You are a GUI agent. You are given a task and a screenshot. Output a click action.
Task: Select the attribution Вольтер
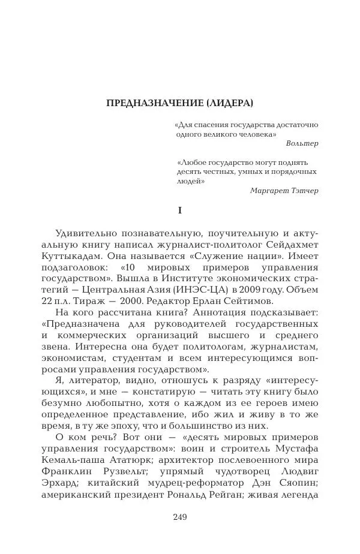pos(302,144)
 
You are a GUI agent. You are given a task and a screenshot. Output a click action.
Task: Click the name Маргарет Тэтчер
pos(284,190)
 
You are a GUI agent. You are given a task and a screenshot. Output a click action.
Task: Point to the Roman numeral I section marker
pos(179,211)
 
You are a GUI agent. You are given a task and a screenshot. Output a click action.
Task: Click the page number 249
pos(180,517)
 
